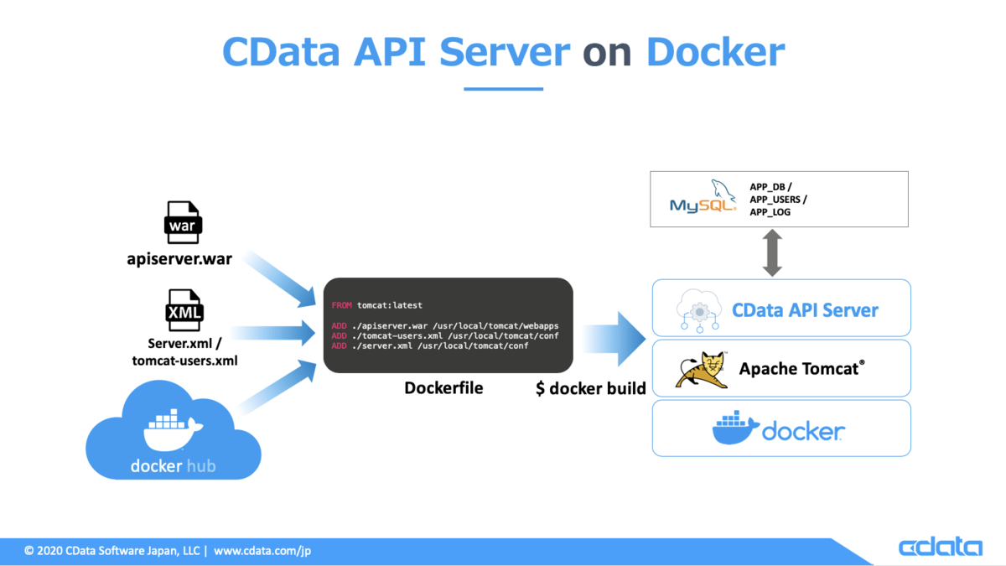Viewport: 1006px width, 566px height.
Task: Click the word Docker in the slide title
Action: [x=715, y=52]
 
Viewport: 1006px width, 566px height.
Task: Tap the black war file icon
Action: [x=183, y=223]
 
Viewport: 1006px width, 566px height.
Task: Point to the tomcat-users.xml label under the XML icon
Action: [x=184, y=361]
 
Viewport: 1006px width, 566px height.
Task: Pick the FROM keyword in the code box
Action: [x=341, y=306]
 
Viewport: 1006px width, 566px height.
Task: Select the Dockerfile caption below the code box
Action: [x=443, y=388]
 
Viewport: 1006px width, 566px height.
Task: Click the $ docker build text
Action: [x=591, y=389]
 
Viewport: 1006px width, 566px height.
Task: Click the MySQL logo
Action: [x=697, y=199]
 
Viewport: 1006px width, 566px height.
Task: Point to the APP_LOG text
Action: [x=770, y=213]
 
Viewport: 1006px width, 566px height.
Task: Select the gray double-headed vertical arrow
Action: [x=772, y=253]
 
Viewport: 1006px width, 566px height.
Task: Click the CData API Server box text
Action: [x=805, y=310]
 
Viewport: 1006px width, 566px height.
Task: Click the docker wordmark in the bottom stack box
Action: [x=803, y=431]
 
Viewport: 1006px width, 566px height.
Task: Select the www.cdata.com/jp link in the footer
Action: [x=262, y=551]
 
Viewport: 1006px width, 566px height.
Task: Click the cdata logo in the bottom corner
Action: [x=940, y=548]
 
